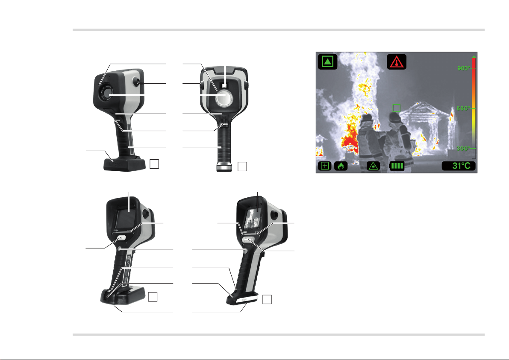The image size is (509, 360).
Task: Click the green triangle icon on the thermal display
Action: tap(328, 61)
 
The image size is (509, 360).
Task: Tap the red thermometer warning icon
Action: tap(397, 61)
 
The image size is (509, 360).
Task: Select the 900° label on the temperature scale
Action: tap(463, 68)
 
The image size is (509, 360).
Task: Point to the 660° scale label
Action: tap(463, 108)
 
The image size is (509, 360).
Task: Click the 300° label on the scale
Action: tap(463, 149)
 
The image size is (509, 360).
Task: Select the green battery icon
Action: tap(397, 166)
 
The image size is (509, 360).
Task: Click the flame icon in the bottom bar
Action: tap(341, 166)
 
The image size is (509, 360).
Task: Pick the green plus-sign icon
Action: tap(325, 166)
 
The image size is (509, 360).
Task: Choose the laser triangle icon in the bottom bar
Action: tap(374, 166)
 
